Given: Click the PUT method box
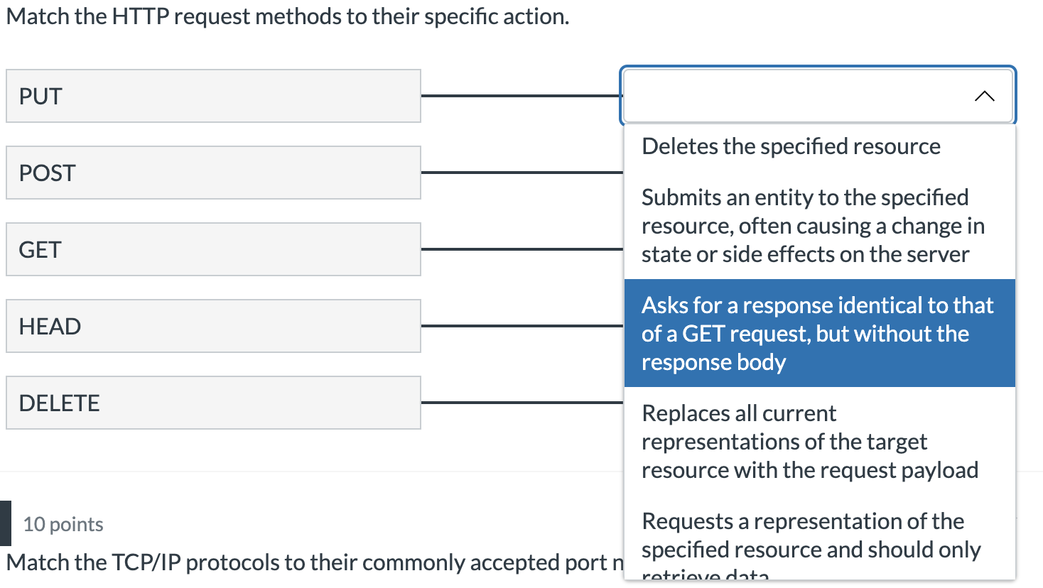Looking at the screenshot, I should (213, 96).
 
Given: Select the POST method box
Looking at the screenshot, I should (213, 173).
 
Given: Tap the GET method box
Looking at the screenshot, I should (213, 249).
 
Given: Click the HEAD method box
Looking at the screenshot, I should (213, 326).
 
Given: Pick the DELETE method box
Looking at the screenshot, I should (213, 403).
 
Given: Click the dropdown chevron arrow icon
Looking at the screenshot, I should (984, 96).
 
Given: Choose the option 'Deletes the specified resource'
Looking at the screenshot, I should (791, 146).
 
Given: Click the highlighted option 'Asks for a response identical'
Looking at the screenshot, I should (817, 333).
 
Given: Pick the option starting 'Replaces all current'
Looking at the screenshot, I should (809, 441).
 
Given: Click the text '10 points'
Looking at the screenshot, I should (63, 524).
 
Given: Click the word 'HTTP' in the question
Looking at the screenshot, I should (140, 16).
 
